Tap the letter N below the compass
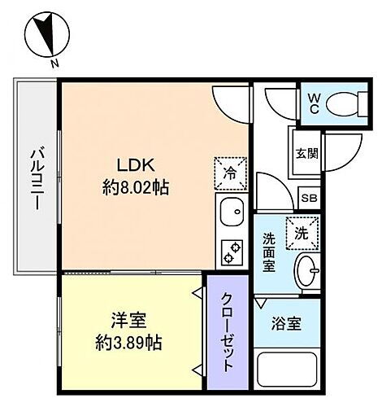[x=54, y=64]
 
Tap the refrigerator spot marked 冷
[x=230, y=171]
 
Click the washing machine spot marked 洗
[x=301, y=231]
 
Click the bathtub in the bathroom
[x=288, y=372]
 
